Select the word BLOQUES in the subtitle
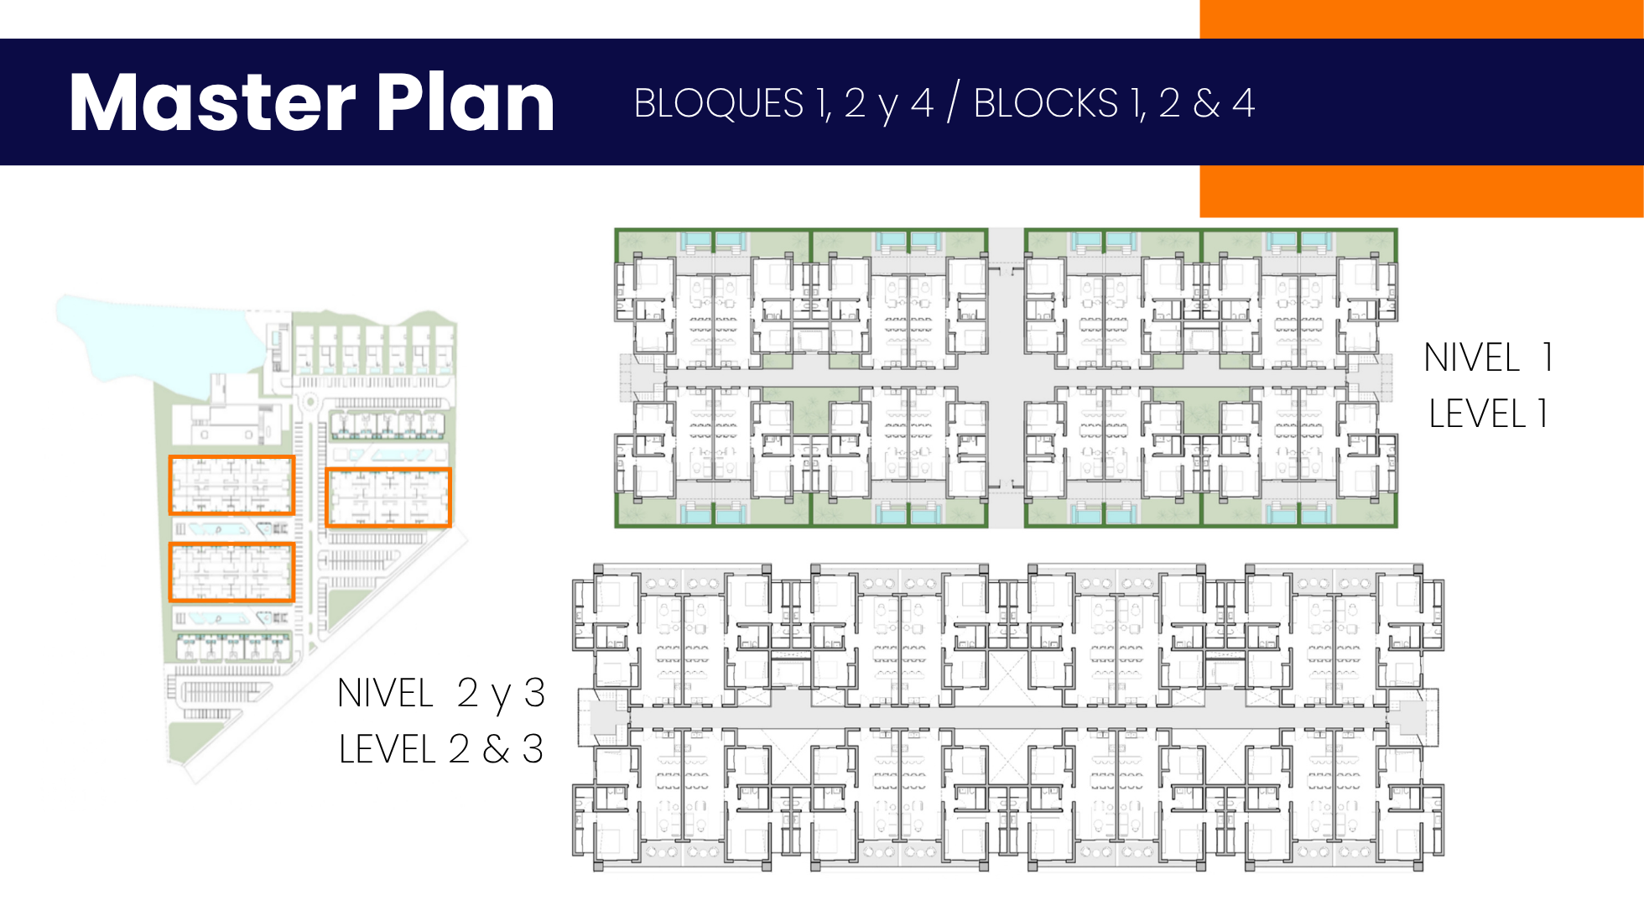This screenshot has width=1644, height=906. tap(719, 104)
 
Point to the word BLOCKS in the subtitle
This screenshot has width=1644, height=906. tap(1045, 104)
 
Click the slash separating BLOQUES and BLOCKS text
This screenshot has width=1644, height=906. tap(953, 103)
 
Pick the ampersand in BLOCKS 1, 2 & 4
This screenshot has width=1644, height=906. tap(1206, 104)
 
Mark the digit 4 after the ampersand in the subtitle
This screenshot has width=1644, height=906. tap(1244, 104)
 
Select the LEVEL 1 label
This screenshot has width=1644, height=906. tap(1488, 414)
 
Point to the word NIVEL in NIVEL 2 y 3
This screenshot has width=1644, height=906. tap(385, 694)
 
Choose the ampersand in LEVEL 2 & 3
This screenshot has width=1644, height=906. tap(496, 749)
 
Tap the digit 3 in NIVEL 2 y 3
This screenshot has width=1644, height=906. tap(534, 694)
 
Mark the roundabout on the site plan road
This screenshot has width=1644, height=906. tap(310, 402)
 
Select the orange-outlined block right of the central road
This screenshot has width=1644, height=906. tap(388, 497)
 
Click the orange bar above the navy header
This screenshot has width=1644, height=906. tap(1422, 18)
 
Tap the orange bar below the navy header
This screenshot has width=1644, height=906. tap(1422, 191)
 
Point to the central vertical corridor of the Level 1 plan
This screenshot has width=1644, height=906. tap(1007, 377)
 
